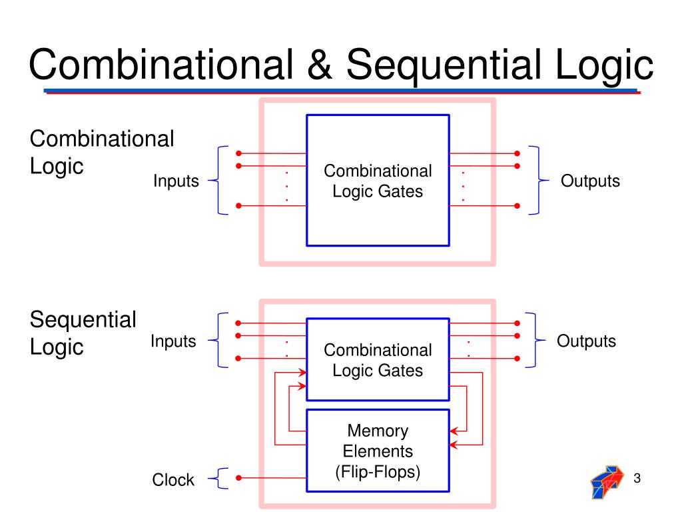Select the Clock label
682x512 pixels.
173,479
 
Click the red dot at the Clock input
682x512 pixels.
238,477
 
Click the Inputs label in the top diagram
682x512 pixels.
176,181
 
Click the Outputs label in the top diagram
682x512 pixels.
590,181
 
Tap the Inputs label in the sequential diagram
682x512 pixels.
173,341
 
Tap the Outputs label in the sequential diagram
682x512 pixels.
587,341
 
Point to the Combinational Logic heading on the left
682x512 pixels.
102,152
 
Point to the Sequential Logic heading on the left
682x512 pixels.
83,333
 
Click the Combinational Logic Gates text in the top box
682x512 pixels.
378,181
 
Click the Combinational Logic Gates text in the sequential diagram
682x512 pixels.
378,359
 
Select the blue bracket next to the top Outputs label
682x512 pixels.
536,180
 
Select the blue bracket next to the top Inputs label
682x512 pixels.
220,180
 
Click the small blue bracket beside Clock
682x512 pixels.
221,478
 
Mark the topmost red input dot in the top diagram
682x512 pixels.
238,153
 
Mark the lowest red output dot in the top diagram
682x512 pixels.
517,206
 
